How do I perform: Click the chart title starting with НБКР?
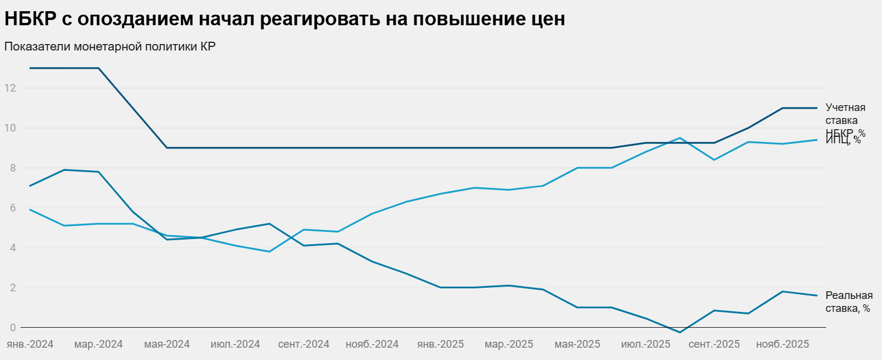coord(284,19)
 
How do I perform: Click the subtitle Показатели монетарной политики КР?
coord(110,46)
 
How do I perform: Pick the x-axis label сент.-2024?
coord(303,344)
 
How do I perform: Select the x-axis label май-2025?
coord(577,344)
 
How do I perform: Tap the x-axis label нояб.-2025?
coord(783,344)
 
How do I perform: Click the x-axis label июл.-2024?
coord(235,344)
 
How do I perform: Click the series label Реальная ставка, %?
coord(849,302)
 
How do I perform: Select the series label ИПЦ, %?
coord(843,140)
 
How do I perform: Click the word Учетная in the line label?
coord(845,107)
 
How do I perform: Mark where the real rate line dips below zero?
coord(680,332)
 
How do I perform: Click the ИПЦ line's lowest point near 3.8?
coord(269,251)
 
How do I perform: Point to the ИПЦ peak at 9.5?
coord(680,138)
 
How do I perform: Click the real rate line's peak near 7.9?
coord(63,170)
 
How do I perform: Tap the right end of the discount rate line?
coord(817,108)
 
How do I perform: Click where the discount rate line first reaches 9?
coord(167,147)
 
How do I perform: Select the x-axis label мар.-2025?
coord(509,344)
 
